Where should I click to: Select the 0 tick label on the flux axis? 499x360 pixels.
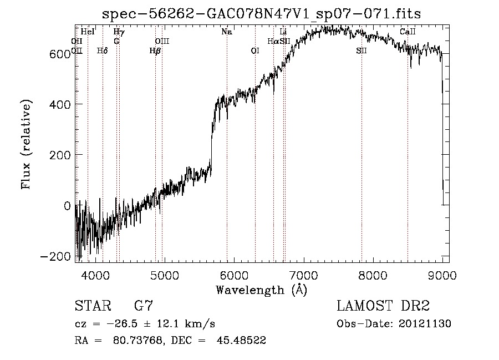[x=67, y=206]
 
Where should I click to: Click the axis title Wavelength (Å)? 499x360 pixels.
[x=261, y=289]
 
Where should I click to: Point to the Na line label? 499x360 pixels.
[x=226, y=32]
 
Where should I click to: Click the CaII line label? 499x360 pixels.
[x=408, y=32]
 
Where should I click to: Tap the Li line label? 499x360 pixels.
[x=283, y=32]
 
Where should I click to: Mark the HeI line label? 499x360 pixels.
[x=88, y=32]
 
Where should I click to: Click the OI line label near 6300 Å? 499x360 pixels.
[x=255, y=51]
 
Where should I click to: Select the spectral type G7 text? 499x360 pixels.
[x=144, y=306]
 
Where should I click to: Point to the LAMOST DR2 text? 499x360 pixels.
[x=383, y=306]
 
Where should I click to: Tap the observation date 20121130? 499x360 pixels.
[x=426, y=324]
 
